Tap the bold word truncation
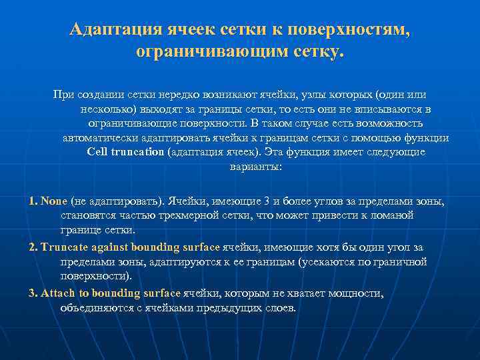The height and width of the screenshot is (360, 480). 137,152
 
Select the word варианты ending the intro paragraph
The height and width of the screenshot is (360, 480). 255,167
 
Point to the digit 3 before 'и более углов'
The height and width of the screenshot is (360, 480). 266,201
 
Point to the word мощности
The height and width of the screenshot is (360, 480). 361,294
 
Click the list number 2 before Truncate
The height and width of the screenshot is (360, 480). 33,247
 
